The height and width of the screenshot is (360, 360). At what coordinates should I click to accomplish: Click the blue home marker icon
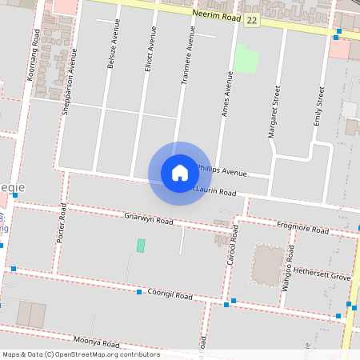pos(180,173)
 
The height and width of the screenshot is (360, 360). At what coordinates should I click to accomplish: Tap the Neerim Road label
pos(216,14)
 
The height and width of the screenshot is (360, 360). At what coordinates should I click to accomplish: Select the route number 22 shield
pos(253,18)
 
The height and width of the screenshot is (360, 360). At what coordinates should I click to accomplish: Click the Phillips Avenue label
pos(222,172)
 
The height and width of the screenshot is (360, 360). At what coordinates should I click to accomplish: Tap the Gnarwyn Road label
pos(149,218)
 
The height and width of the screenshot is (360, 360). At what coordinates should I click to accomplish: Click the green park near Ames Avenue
pos(246,59)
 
